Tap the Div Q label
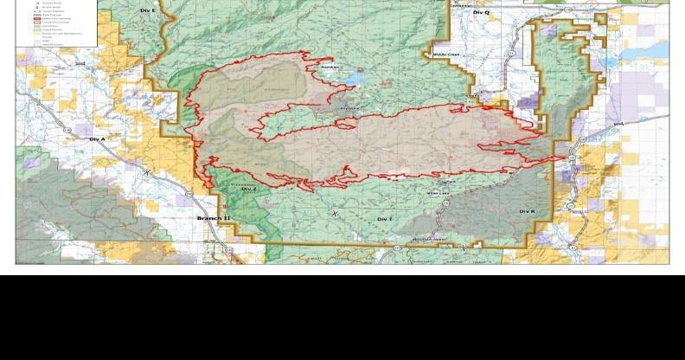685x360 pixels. click(481, 13)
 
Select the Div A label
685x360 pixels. click(96, 138)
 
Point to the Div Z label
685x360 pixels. click(249, 189)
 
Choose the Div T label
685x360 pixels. click(385, 220)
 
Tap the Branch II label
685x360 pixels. click(214, 218)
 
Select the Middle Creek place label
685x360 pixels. click(446, 55)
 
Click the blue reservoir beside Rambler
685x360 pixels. click(355, 79)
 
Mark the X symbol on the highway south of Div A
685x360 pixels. click(146, 172)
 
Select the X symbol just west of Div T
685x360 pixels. click(336, 214)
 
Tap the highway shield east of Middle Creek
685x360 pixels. click(511, 54)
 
